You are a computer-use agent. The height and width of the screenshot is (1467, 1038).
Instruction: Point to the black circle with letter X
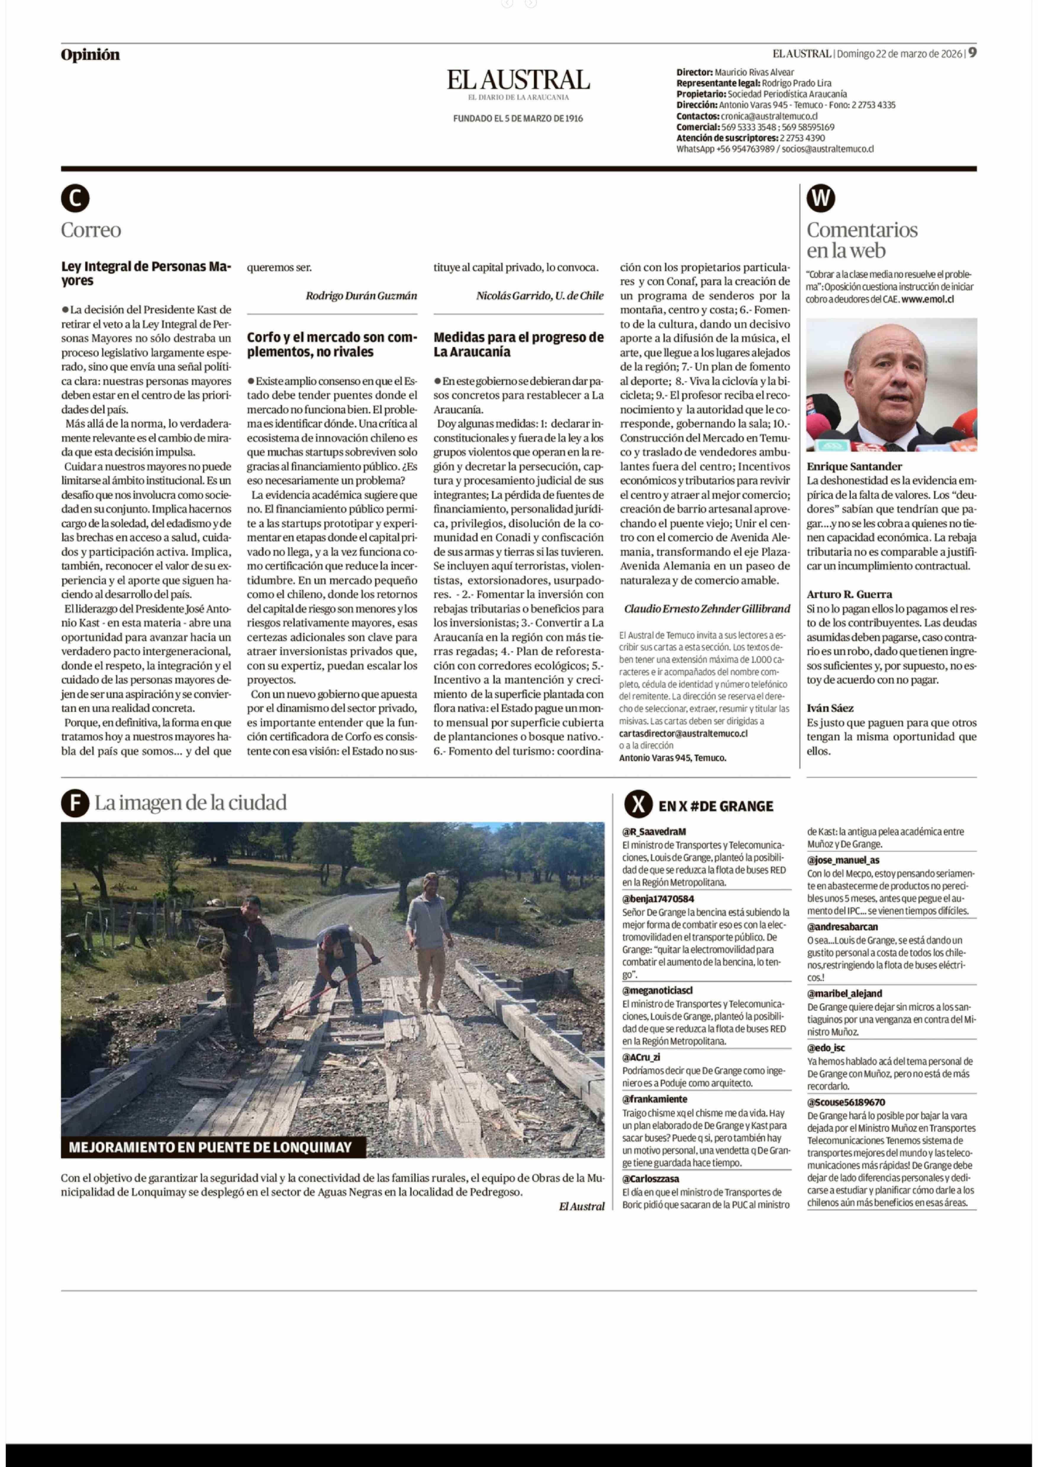click(638, 805)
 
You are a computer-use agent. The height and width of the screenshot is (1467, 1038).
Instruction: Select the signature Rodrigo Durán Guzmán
click(361, 295)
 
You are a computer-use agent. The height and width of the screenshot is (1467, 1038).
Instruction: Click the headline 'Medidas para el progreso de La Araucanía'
click(518, 344)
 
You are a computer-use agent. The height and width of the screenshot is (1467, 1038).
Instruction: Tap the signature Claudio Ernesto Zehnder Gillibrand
click(707, 609)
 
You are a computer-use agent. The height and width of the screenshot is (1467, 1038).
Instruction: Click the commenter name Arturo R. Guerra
click(849, 594)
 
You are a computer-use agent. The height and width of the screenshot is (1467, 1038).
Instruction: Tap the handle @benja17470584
click(658, 899)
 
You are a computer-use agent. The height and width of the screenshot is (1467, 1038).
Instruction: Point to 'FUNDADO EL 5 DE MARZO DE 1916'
click(518, 118)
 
